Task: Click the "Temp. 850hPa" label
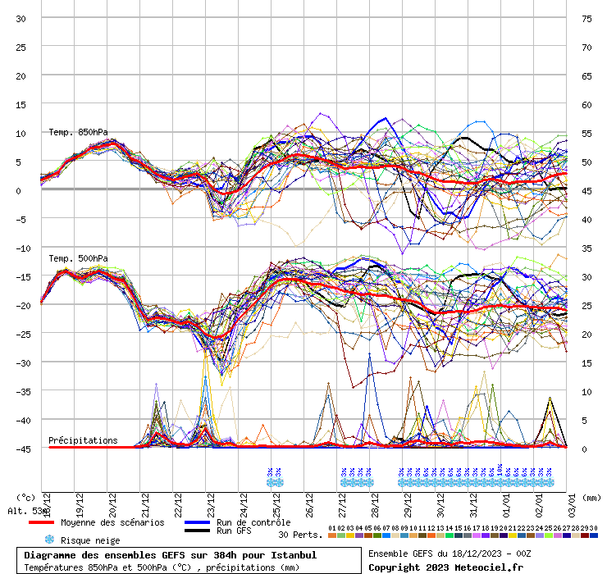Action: pyautogui.click(x=78, y=132)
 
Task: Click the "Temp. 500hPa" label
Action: pyautogui.click(x=78, y=259)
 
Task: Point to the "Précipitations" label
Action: pyautogui.click(x=83, y=440)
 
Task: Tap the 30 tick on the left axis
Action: pyautogui.click(x=21, y=18)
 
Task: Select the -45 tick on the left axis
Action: pyautogui.click(x=21, y=449)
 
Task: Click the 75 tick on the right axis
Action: pyautogui.click(x=586, y=18)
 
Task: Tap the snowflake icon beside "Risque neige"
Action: pyautogui.click(x=49, y=540)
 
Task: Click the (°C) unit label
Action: pyautogui.click(x=26, y=497)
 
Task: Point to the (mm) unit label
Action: pyautogui.click(x=591, y=497)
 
